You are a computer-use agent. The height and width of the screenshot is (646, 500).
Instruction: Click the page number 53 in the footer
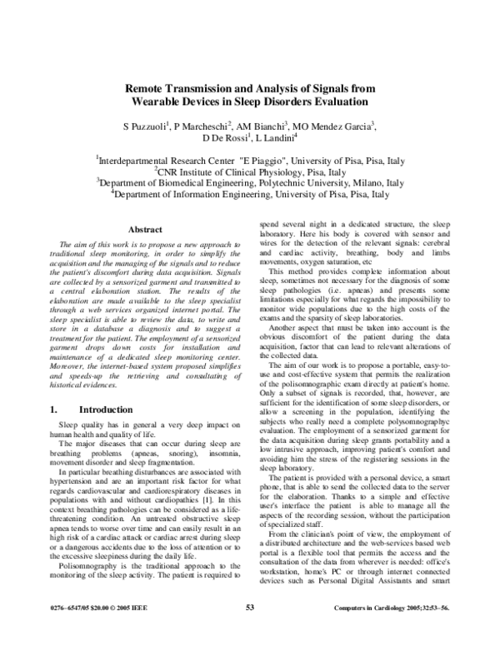249,630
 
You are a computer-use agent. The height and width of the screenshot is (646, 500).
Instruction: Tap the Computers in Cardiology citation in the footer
405,631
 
